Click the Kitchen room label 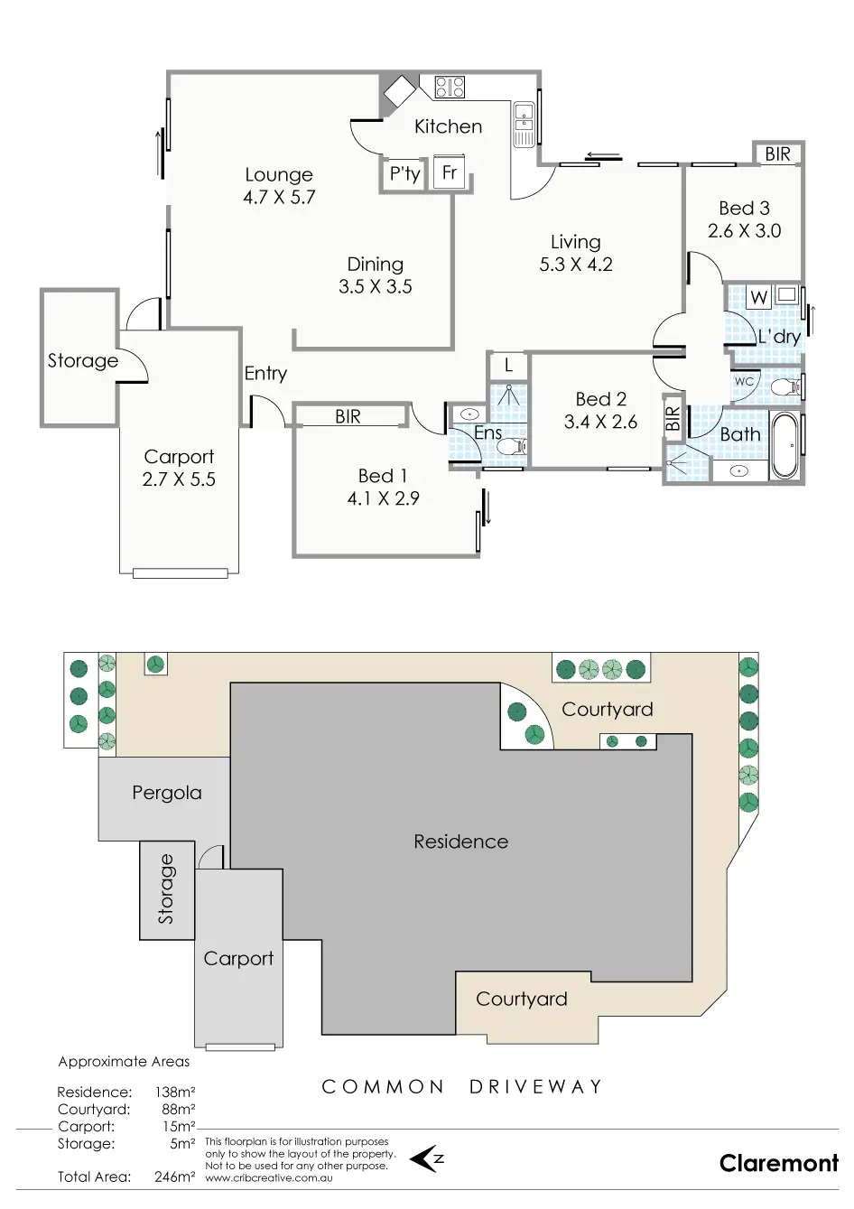(448, 126)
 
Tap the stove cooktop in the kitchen (450, 87)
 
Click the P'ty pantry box (404, 173)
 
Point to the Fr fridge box (449, 172)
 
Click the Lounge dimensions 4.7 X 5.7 (279, 197)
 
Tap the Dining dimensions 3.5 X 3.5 (375, 286)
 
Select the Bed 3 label (744, 208)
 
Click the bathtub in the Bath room (784, 445)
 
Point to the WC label (743, 382)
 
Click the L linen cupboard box (509, 366)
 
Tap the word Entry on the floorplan (265, 373)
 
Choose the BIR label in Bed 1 (348, 416)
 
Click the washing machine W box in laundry (758, 297)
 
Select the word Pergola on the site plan (167, 793)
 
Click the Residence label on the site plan (460, 842)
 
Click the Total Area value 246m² (174, 1176)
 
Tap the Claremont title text (779, 1163)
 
